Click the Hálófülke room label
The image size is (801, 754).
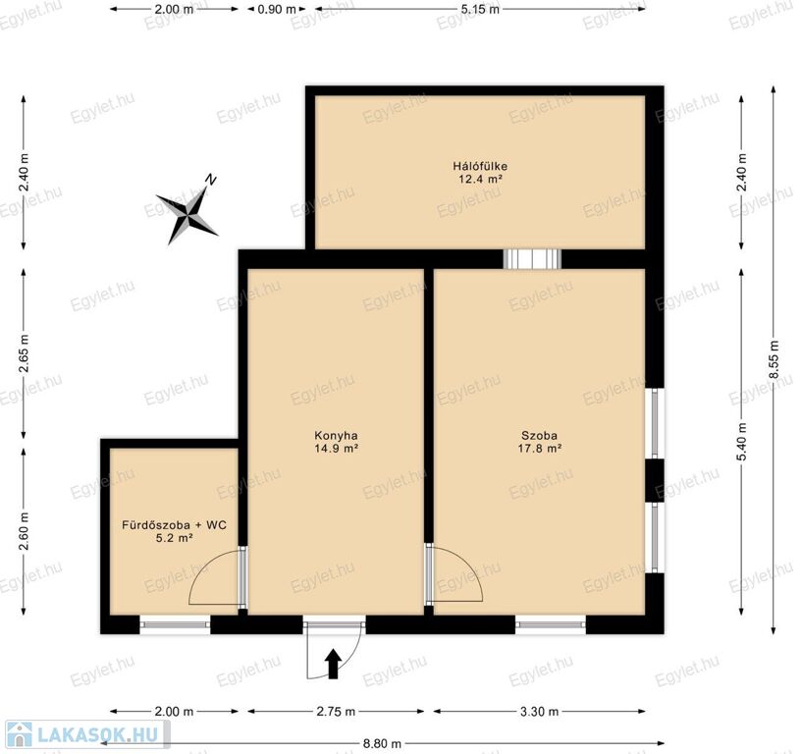point(480,166)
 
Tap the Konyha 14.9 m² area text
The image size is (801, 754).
point(336,449)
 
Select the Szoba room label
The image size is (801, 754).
point(539,436)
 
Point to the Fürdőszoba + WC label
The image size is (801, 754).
point(174,525)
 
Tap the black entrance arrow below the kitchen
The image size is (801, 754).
point(333,664)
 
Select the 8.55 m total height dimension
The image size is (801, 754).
point(774,359)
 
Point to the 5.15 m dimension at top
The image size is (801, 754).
point(480,9)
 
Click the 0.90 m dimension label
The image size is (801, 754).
point(277,9)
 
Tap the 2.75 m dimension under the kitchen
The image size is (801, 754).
point(336,711)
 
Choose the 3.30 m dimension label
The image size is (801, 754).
point(540,711)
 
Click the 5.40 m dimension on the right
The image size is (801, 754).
point(742,442)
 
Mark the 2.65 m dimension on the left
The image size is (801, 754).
point(24,353)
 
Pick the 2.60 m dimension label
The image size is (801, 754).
point(24,532)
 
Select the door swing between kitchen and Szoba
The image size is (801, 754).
point(454,572)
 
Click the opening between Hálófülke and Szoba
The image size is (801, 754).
point(532,259)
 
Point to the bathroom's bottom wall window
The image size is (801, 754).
point(175,624)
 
